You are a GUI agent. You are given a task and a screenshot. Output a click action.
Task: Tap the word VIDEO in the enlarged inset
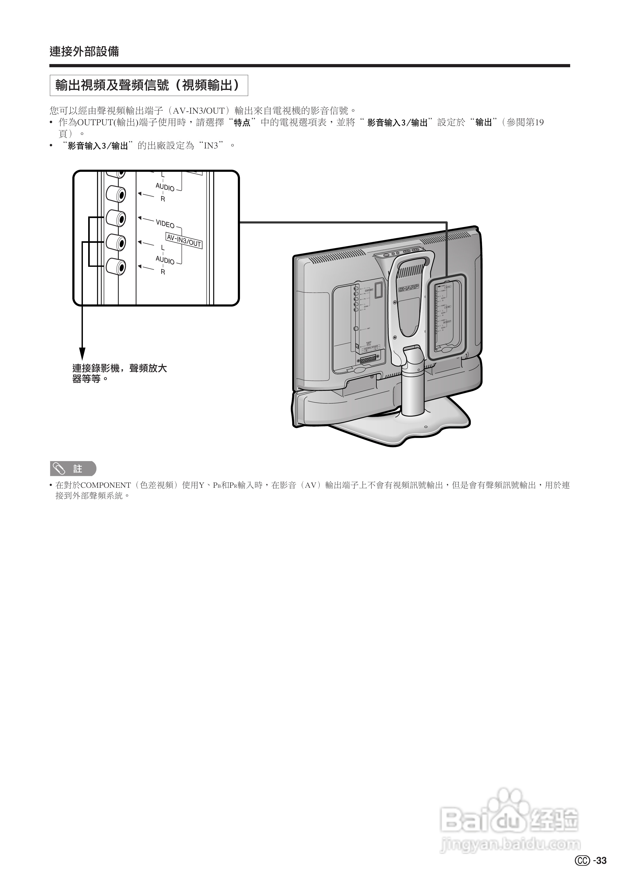pyautogui.click(x=165, y=224)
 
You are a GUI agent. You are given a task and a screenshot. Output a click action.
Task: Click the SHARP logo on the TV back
pyautogui.click(x=409, y=288)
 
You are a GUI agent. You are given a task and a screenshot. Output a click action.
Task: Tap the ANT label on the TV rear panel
pyautogui.click(x=368, y=329)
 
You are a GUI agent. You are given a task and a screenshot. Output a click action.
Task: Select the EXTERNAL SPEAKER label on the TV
pyautogui.click(x=370, y=346)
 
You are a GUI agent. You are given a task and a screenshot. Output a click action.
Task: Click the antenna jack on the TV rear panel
pyautogui.click(x=356, y=329)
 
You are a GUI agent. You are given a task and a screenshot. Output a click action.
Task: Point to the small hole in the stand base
pyautogui.click(x=426, y=427)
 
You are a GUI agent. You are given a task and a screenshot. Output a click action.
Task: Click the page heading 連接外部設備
pyautogui.click(x=84, y=51)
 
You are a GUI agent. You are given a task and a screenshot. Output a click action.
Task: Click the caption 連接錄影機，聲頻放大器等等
pyautogui.click(x=119, y=373)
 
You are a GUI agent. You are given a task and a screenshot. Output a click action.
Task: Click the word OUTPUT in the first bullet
pyautogui.click(x=93, y=123)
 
